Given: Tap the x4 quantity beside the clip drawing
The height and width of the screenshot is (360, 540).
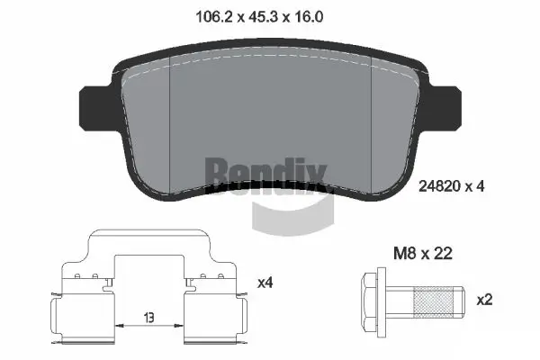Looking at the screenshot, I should click(x=265, y=282).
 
